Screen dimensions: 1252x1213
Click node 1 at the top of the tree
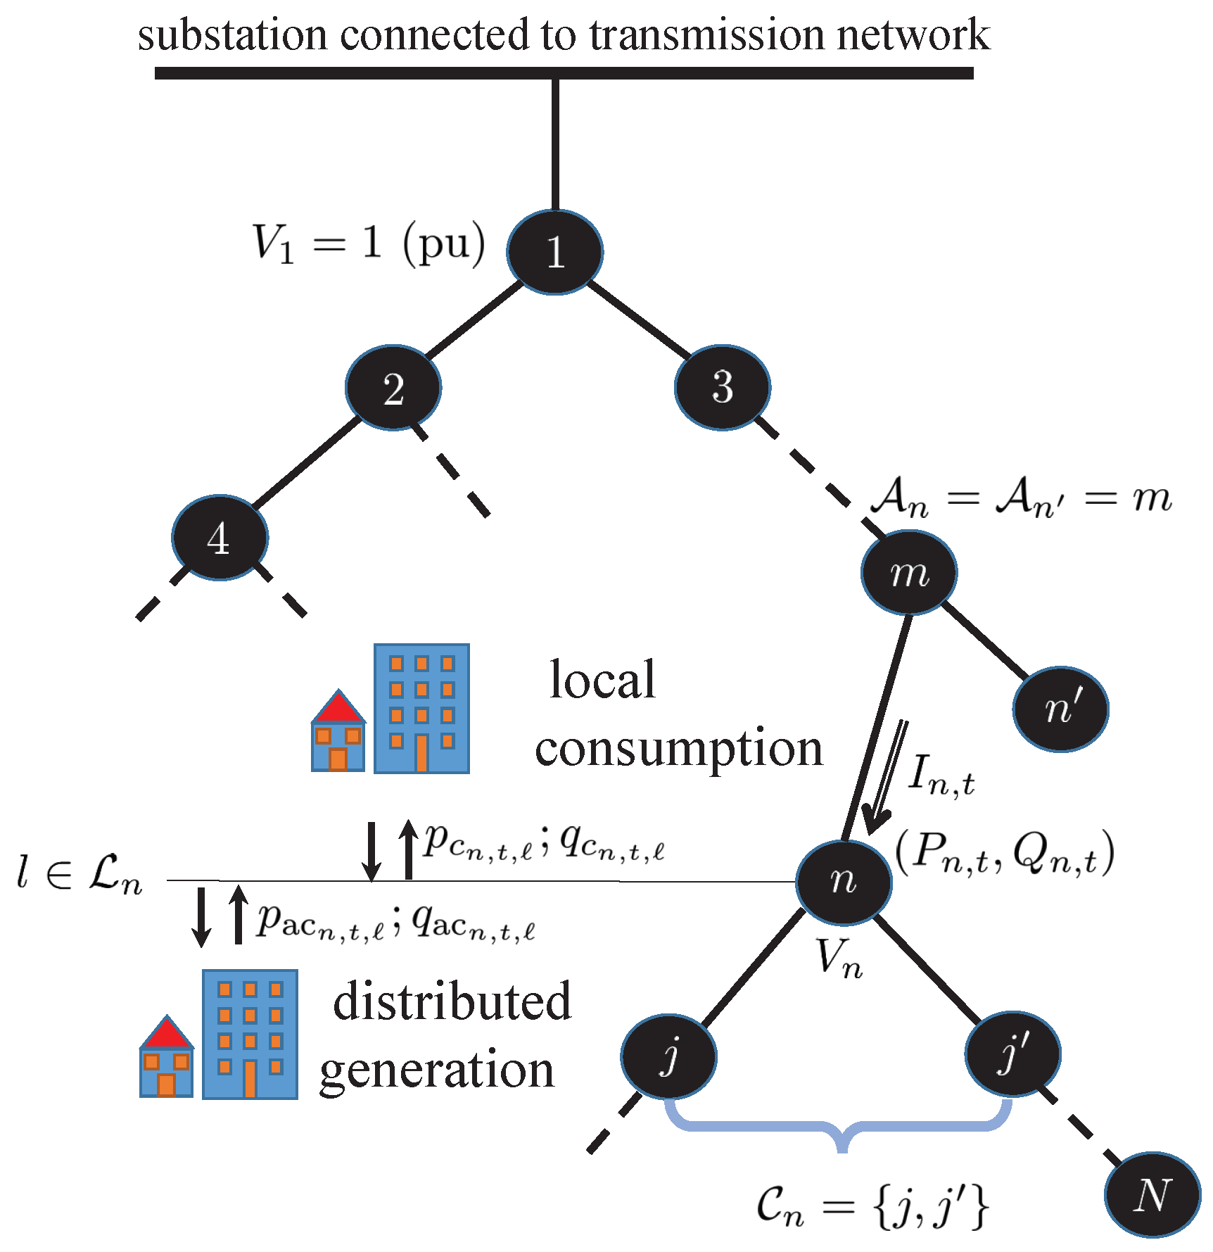(554, 252)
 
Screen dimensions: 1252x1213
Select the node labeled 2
(393, 387)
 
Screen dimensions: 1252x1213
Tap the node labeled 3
(723, 387)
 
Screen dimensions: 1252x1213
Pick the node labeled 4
(220, 538)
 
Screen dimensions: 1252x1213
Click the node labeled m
(909, 572)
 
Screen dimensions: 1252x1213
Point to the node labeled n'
(1061, 709)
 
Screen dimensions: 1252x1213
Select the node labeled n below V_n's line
(844, 882)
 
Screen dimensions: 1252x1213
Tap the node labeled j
(668, 1056)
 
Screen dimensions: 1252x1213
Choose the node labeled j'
(1012, 1054)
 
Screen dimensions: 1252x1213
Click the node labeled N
(1152, 1194)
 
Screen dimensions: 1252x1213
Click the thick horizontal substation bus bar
(564, 73)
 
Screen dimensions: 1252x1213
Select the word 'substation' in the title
(232, 35)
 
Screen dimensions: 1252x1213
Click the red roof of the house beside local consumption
(339, 709)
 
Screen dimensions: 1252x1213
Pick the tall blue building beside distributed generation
(250, 1034)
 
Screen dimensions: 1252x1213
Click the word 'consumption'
(678, 750)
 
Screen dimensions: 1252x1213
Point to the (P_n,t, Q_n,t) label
(1005, 853)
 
